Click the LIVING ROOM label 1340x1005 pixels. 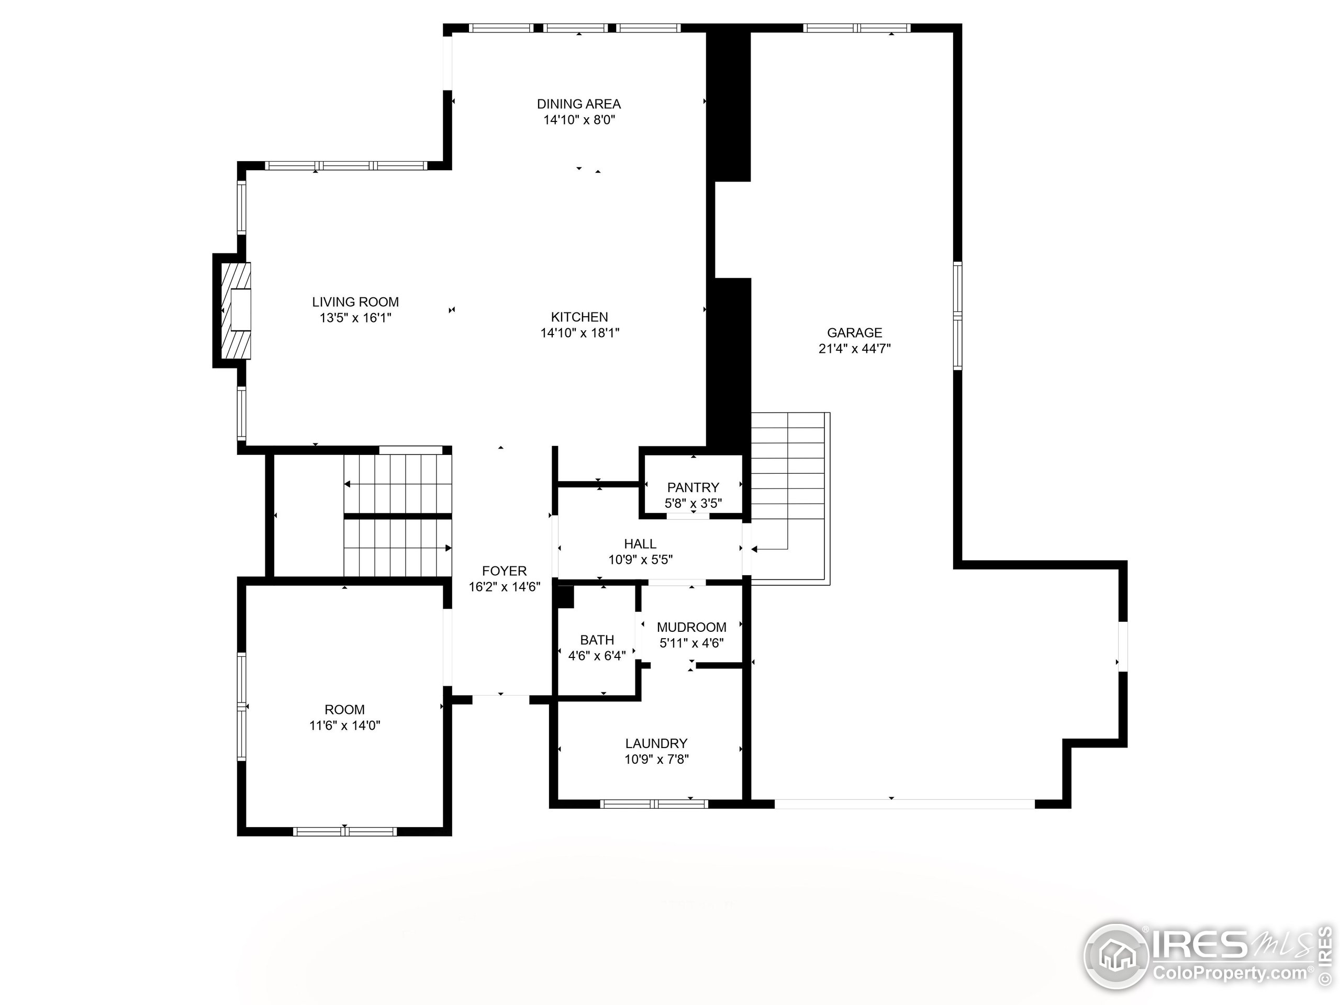[355, 301]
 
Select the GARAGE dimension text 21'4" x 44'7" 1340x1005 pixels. [854, 348]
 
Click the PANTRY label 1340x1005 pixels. [693, 487]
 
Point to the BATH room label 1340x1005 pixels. [597, 640]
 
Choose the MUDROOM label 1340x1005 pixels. [691, 627]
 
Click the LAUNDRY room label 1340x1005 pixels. [656, 743]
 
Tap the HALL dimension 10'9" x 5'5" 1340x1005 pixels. [640, 559]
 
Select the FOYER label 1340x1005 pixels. [504, 571]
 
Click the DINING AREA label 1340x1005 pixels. [578, 104]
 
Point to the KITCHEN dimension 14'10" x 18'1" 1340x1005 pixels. [580, 332]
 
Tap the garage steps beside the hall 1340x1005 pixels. [788, 485]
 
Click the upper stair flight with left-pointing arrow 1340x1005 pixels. [397, 484]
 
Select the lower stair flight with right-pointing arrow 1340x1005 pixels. [397, 548]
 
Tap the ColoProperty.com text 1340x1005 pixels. [1230, 974]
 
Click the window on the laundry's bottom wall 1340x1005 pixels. [654, 804]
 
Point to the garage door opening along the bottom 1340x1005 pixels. [904, 804]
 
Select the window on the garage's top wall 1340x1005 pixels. [856, 28]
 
